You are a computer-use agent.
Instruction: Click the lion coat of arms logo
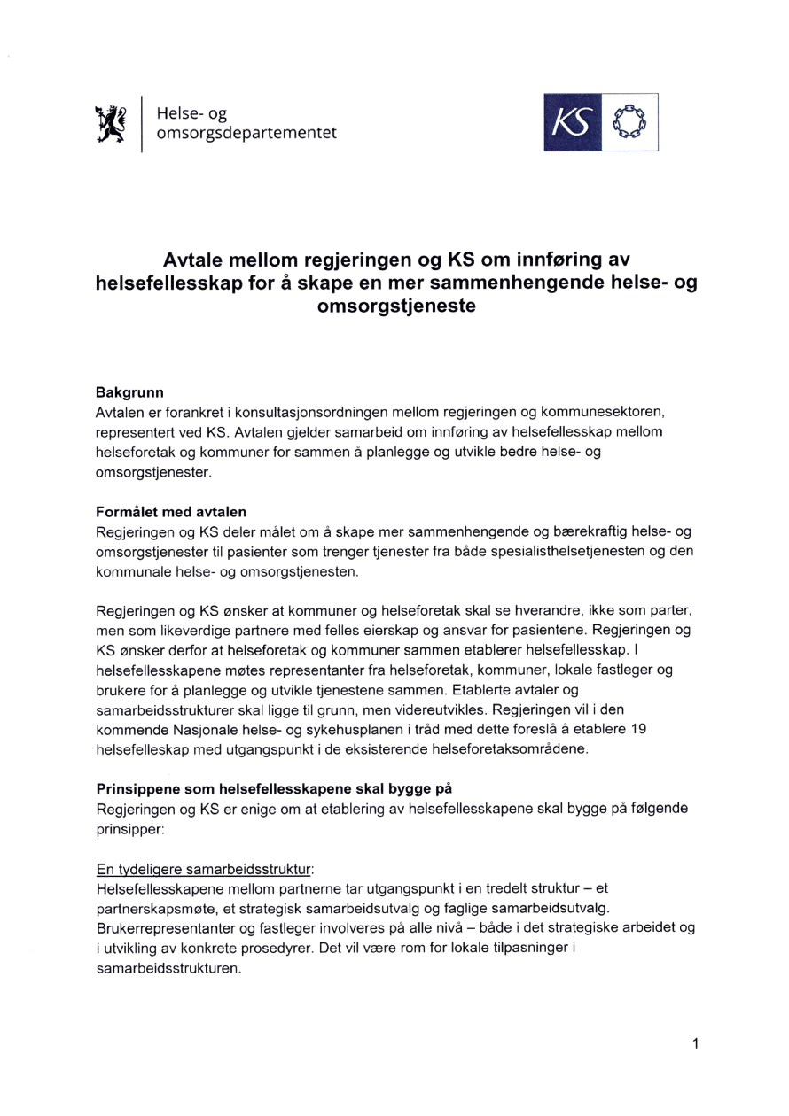[112, 120]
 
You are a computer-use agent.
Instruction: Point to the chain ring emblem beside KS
[629, 121]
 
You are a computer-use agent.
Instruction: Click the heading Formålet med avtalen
[170, 511]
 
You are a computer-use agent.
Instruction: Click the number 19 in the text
[635, 730]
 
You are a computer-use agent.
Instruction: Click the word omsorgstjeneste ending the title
[394, 306]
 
